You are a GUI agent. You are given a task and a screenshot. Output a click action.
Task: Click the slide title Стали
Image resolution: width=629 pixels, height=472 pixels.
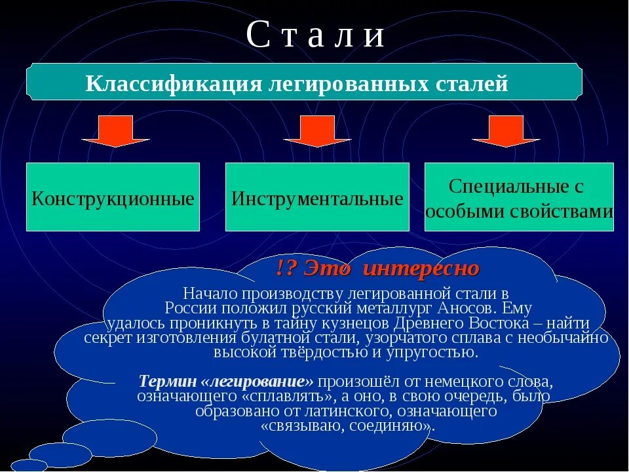pos(315,36)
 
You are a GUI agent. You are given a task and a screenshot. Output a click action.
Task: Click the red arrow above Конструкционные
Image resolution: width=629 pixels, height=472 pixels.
pos(116,131)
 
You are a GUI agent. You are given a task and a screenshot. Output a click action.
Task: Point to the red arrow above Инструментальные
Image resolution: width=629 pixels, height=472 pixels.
pos(318,131)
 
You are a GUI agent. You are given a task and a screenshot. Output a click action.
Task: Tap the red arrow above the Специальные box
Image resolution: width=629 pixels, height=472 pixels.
pos(506,131)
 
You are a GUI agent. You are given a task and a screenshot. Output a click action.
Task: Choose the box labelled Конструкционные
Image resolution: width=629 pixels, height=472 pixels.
pos(113,197)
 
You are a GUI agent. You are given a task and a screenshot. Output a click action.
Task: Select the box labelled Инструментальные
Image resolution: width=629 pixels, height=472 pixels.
pos(317,197)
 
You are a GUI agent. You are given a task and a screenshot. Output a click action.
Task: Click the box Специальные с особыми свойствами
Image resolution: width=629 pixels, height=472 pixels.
pos(519,197)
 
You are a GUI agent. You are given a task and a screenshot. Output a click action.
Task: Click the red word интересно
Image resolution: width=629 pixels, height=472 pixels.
pos(421,269)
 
